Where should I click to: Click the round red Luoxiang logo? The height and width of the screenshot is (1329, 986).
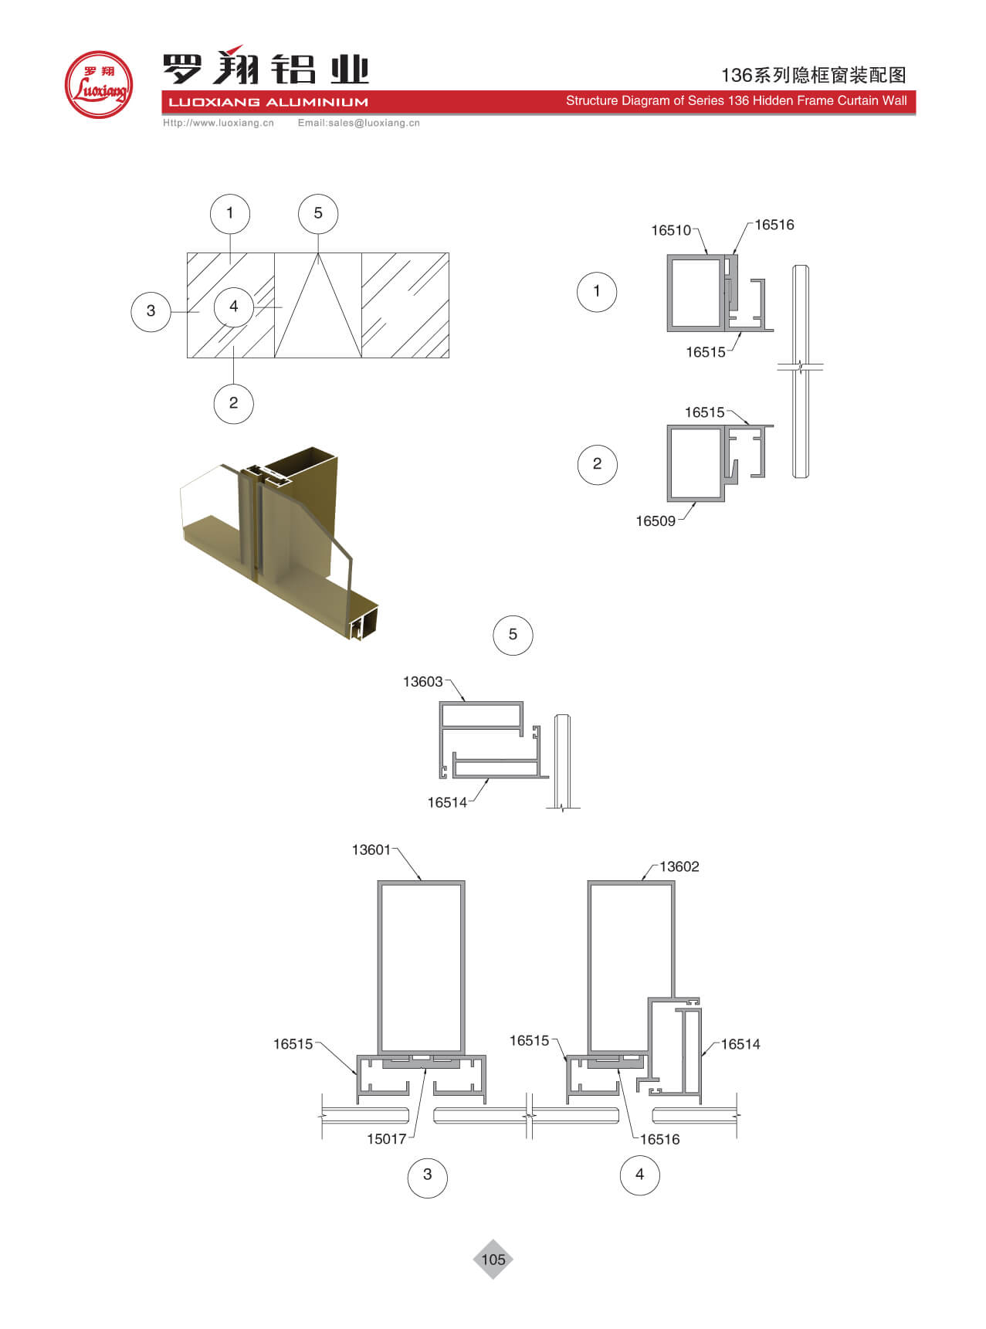pyautogui.click(x=99, y=84)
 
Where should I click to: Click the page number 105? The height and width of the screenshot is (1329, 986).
pyautogui.click(x=493, y=1259)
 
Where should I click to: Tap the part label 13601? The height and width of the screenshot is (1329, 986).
pyautogui.click(x=371, y=849)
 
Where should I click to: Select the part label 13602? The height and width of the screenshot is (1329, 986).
pyautogui.click(x=679, y=866)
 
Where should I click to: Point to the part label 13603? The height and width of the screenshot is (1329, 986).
pyautogui.click(x=423, y=681)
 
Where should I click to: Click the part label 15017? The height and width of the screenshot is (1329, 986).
pyautogui.click(x=387, y=1139)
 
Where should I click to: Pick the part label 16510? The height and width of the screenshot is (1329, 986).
pyautogui.click(x=671, y=230)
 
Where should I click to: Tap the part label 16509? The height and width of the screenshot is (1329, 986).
pyautogui.click(x=656, y=520)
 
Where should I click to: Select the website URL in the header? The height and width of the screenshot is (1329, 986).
pyautogui.click(x=219, y=123)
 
